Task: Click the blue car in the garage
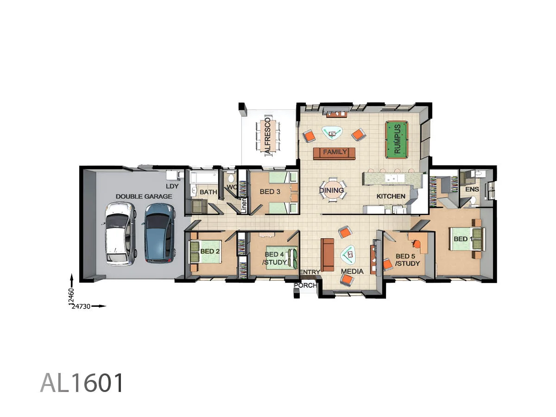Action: (x=159, y=233)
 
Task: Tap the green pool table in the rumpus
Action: (x=397, y=139)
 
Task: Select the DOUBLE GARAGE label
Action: (x=144, y=196)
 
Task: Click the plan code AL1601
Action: (x=82, y=383)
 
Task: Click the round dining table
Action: (x=332, y=190)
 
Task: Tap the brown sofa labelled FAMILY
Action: (x=335, y=153)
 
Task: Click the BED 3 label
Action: (x=267, y=192)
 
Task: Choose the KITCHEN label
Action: (x=391, y=196)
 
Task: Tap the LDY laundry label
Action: (x=171, y=186)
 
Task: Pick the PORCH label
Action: (x=305, y=285)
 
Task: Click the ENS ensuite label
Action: (x=472, y=190)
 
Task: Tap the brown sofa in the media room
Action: (x=327, y=255)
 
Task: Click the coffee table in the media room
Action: (x=349, y=253)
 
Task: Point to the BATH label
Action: (x=208, y=192)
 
